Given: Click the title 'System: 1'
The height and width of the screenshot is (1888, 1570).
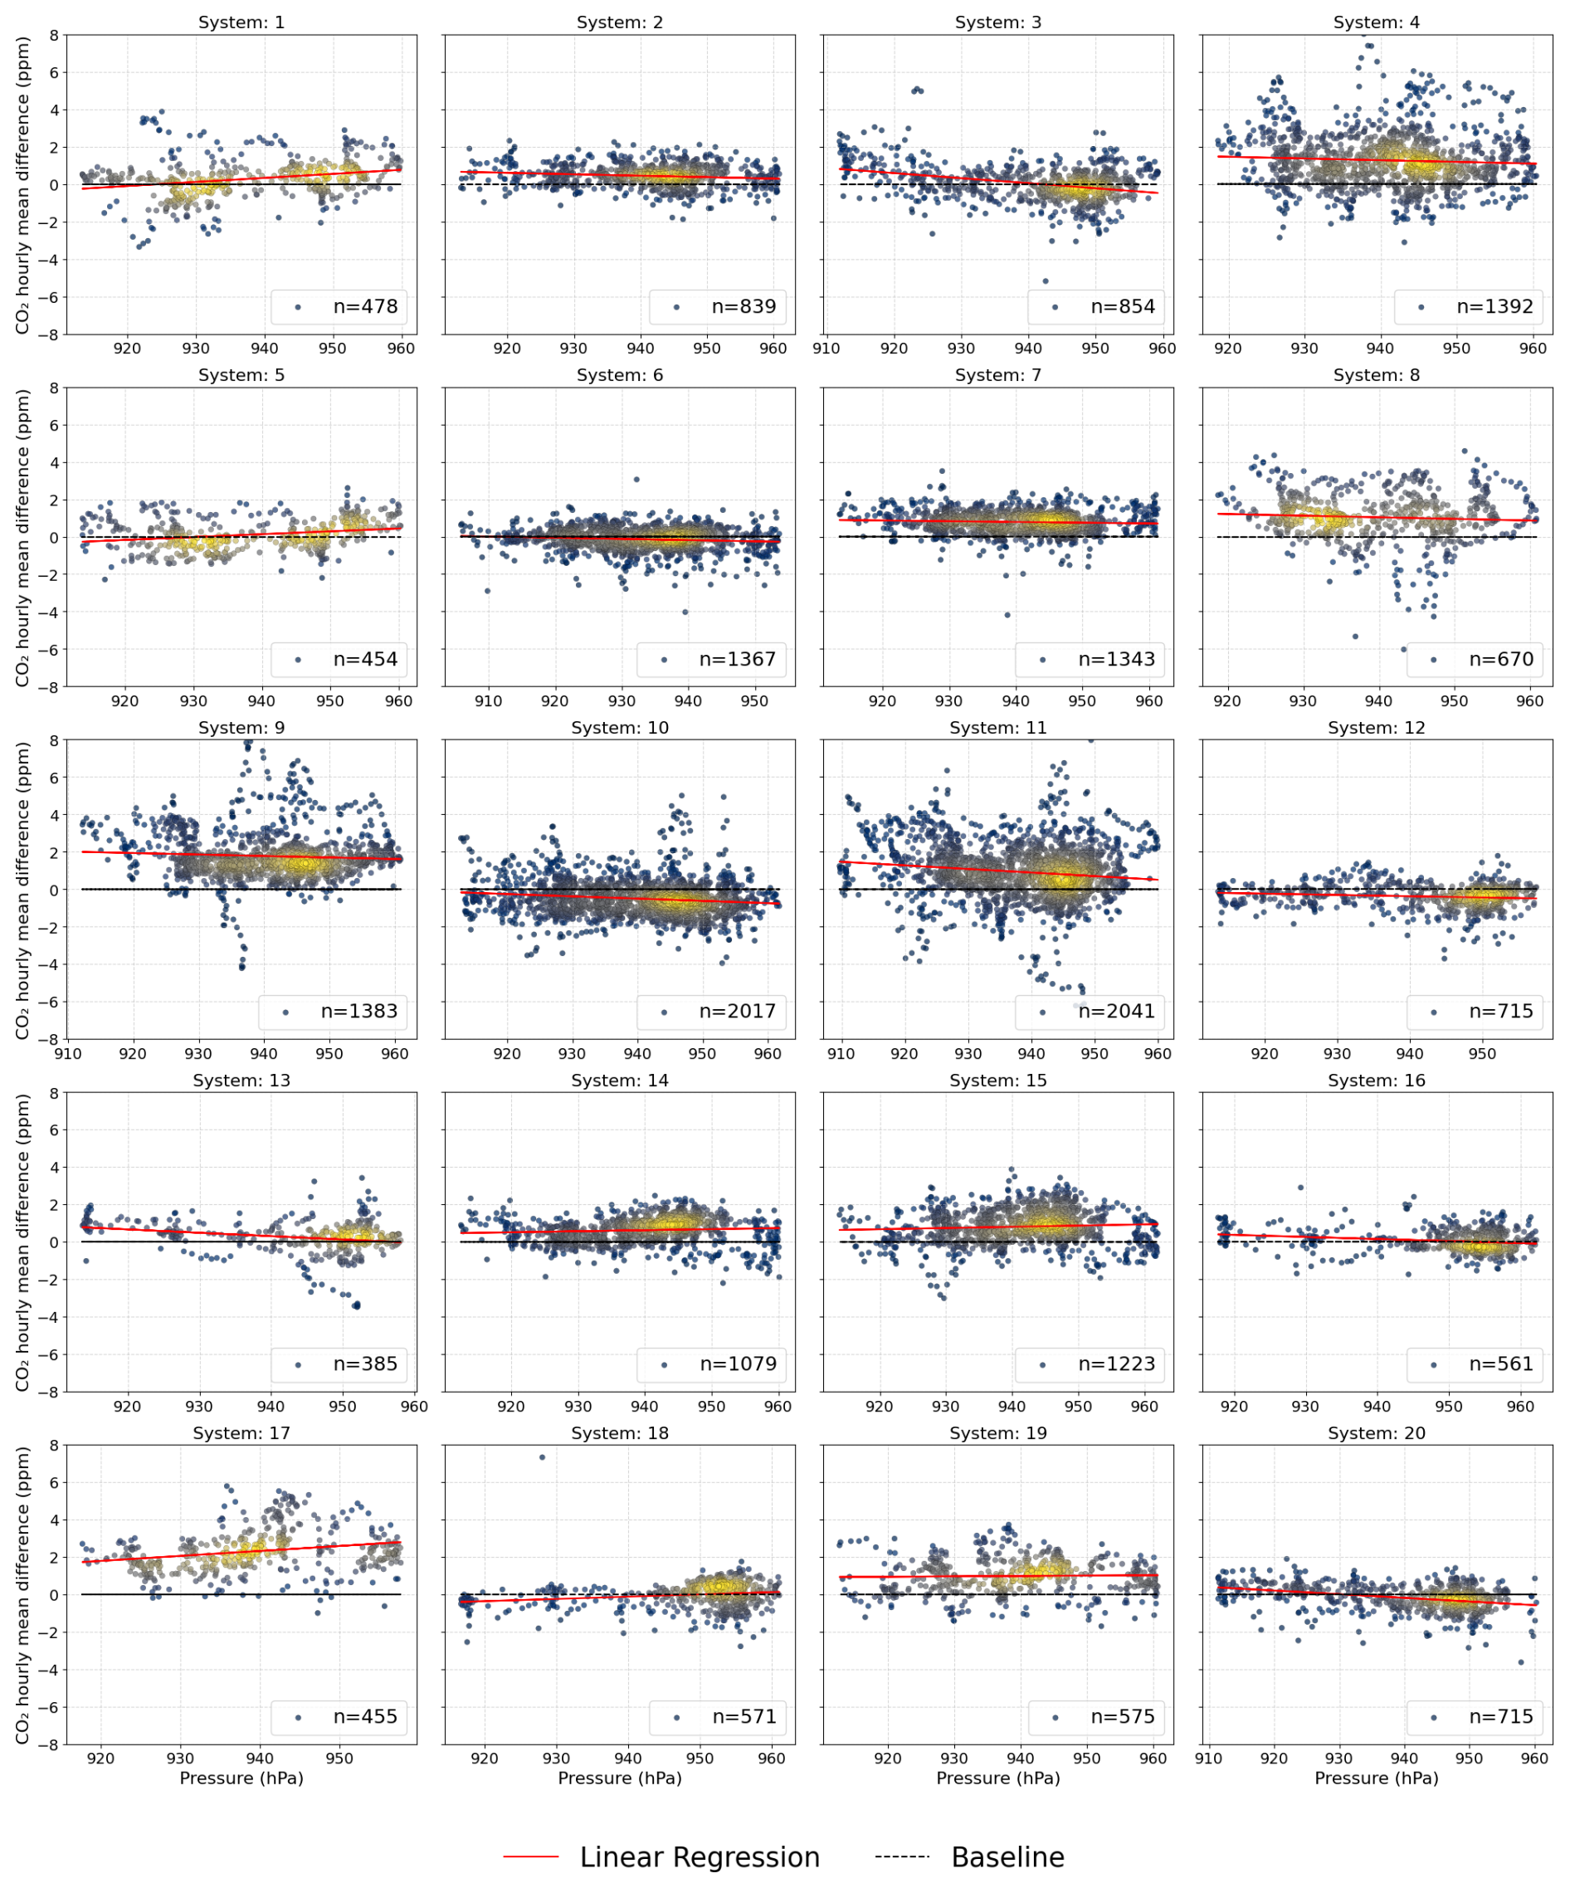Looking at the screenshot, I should (x=241, y=22).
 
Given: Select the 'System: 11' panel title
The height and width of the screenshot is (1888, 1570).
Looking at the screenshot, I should (x=998, y=727).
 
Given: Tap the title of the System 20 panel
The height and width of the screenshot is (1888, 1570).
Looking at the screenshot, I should (x=1377, y=1433).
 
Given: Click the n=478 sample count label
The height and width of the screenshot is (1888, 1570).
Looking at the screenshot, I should (x=365, y=306).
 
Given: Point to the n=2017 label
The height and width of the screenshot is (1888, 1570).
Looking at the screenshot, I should (x=738, y=1012).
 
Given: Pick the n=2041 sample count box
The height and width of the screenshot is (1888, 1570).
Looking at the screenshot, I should (x=1116, y=1012).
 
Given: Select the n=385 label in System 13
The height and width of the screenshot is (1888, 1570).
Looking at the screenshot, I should (x=365, y=1364).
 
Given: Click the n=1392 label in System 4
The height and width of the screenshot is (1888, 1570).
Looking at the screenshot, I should (x=1494, y=306).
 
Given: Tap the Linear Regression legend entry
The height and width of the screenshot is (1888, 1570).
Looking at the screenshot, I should (x=699, y=1856).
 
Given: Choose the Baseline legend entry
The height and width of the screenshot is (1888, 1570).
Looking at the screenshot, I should (x=1007, y=1856).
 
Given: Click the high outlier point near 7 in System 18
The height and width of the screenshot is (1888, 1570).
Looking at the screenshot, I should (x=541, y=1457).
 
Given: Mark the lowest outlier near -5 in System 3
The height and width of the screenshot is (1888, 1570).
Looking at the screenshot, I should (x=1045, y=281).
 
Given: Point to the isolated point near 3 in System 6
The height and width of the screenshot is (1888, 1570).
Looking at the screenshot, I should (x=636, y=479).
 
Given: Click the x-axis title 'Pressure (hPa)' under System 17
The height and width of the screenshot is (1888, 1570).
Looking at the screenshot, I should (x=241, y=1778).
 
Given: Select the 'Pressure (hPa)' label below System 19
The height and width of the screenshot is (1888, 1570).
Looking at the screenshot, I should (x=998, y=1778).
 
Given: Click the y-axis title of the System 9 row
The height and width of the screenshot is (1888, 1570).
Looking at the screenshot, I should (x=22, y=889).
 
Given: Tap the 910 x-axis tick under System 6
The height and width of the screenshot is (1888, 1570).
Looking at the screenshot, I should (x=488, y=701).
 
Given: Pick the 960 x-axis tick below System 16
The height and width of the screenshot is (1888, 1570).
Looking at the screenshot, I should (x=1520, y=1406).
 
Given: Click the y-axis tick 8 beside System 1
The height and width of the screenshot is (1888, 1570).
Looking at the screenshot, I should (x=54, y=35).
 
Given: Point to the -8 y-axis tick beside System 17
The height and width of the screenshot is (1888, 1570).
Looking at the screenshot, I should (x=51, y=1744).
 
